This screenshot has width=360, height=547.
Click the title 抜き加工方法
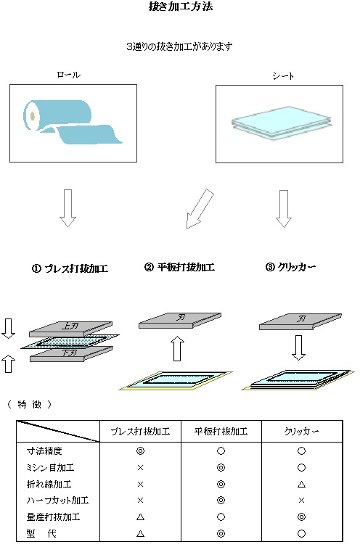tap(179, 8)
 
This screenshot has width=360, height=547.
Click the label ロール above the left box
tap(68, 75)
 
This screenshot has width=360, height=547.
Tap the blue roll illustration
tap(72, 123)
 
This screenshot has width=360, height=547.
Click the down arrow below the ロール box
tap(67, 207)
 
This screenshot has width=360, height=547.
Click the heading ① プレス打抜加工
tap(70, 268)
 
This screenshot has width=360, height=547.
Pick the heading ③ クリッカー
tap(290, 267)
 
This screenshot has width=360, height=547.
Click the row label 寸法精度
tap(41, 451)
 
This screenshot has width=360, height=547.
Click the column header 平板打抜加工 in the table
tap(220, 431)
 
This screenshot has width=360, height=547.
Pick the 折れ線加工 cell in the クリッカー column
tap(300, 484)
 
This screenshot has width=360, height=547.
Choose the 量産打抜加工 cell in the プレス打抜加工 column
tap(140, 517)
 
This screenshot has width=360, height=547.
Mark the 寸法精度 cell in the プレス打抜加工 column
tap(140, 451)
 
